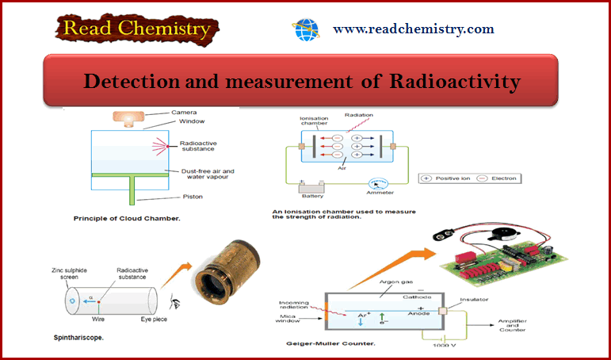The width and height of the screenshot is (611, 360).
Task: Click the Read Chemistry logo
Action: [x=137, y=29]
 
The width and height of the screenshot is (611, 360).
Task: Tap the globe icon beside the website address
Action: [x=306, y=30]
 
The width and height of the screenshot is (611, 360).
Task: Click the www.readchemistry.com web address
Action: [x=414, y=29]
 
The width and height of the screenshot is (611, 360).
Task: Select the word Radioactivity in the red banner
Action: [x=455, y=82]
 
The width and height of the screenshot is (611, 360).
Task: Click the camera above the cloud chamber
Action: [x=128, y=118]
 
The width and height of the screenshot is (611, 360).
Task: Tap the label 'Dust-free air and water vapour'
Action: [x=208, y=174]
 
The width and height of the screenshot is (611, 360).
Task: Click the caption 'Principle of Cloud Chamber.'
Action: [x=127, y=218]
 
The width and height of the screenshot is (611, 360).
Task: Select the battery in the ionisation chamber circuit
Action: [x=311, y=188]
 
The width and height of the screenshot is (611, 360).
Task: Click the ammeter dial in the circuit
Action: [x=378, y=184]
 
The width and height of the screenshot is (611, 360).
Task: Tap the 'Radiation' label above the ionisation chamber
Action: [x=358, y=115]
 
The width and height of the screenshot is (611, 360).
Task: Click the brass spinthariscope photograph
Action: [x=227, y=268]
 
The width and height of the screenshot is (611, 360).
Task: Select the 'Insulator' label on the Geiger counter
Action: [x=474, y=300]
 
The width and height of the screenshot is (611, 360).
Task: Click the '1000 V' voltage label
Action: [x=444, y=345]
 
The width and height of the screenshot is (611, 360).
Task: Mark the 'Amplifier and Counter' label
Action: [x=513, y=325]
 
